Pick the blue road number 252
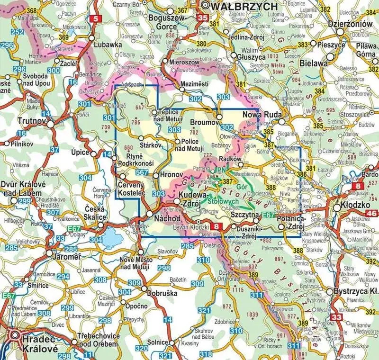pos(18,32)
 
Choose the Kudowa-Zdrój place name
pos(193,199)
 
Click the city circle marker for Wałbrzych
pos(205,6)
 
